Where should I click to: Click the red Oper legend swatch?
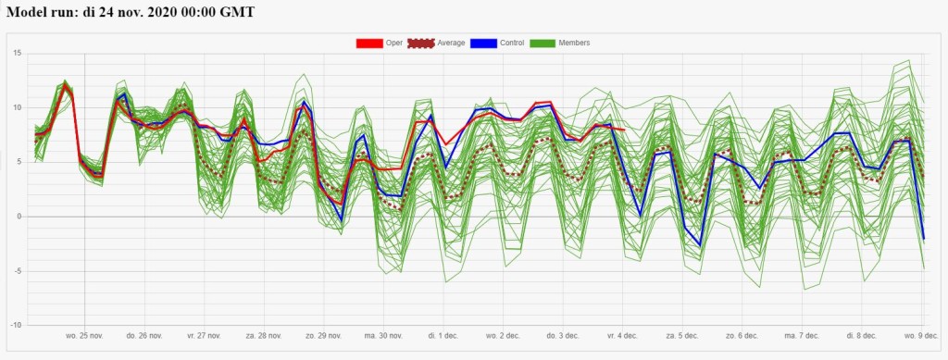click(369, 43)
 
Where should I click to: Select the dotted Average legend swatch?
click(421, 43)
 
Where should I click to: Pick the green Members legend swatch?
click(543, 43)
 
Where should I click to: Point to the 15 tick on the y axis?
click(18, 53)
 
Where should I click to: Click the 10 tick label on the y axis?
click(18, 107)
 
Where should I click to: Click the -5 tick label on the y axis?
click(19, 270)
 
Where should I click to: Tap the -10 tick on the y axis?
click(17, 325)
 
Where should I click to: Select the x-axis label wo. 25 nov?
click(84, 335)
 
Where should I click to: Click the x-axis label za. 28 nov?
click(264, 335)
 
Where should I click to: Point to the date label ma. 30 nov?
click(384, 335)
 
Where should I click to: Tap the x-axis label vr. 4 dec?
click(622, 335)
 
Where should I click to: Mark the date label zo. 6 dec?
click(742, 335)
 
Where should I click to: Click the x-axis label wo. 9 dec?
click(921, 335)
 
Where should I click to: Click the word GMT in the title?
click(238, 12)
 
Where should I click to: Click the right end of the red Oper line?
click(625, 130)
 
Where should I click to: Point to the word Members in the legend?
click(574, 43)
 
